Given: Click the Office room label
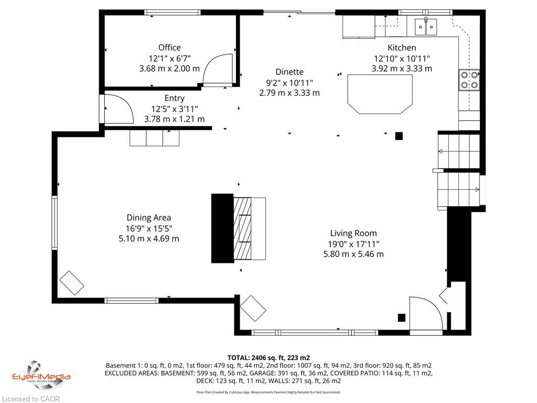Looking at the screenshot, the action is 169,47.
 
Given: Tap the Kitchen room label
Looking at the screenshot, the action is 402,48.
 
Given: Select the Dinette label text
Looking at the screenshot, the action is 289,71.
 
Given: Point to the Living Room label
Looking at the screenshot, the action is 353,233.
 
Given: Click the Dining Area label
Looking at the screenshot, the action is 148,218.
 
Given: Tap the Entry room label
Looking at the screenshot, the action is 174,98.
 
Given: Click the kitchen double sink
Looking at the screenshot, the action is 426,27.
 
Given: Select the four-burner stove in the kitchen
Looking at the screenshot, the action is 469,80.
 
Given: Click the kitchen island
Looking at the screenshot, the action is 380,94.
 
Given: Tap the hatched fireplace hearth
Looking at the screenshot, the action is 242,229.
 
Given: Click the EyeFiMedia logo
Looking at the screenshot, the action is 41,376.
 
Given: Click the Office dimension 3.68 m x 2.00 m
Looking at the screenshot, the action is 169,68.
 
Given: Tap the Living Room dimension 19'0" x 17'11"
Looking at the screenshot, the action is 353,244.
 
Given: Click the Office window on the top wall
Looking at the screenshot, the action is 172,13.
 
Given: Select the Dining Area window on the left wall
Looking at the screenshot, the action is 55,222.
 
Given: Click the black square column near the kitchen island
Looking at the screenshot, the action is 399,136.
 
